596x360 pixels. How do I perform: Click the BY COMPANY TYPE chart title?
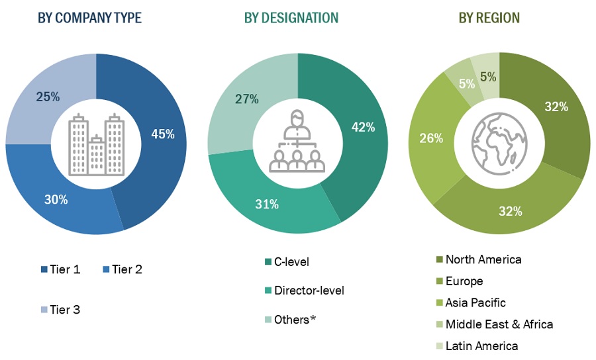[89, 18]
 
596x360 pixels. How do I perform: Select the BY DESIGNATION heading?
[291, 18]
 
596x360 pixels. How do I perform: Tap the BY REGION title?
[489, 18]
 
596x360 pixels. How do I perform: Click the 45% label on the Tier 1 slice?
[162, 134]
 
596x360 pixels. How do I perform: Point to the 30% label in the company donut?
[56, 199]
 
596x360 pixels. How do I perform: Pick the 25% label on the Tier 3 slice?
[47, 97]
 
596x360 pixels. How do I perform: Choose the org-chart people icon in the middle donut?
[297, 144]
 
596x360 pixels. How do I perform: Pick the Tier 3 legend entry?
[60, 309]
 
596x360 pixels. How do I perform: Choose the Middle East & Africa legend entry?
[493, 324]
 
